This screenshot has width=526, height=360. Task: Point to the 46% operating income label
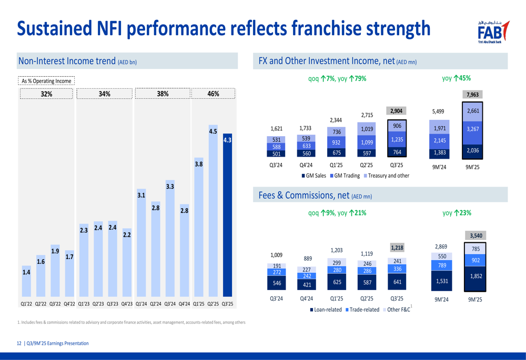point(213,94)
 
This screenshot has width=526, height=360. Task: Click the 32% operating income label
point(47,94)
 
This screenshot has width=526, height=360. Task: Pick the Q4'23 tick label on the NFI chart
point(127,304)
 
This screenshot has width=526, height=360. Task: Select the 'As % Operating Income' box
point(46,81)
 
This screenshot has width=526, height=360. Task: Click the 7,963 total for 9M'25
point(473,95)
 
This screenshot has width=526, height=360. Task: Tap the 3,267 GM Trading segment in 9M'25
point(473,129)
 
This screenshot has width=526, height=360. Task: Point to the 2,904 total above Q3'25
point(397,111)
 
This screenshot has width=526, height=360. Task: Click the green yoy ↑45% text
point(457,78)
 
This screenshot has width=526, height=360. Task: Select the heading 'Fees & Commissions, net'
point(304,196)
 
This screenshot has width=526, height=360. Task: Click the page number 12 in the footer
point(19,343)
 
